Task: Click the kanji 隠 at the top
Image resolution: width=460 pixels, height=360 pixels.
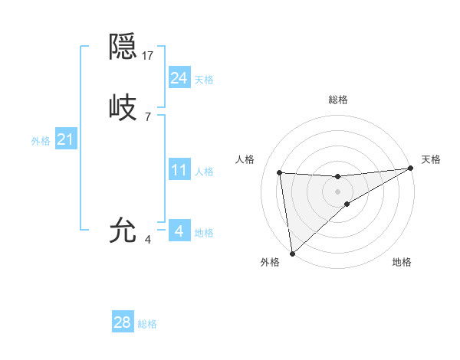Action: [x=123, y=48]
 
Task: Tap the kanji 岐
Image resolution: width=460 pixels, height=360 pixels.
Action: [x=123, y=107]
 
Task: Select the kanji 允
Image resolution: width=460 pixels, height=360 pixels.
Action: [x=123, y=230]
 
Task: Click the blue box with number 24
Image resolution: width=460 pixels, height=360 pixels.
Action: [x=179, y=78]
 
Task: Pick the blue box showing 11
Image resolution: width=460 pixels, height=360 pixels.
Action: [x=179, y=170]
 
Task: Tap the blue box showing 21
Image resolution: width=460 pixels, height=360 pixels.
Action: [x=66, y=139]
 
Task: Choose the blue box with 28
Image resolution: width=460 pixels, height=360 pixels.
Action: [x=123, y=322]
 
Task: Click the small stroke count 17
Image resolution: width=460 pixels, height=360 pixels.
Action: [x=149, y=56]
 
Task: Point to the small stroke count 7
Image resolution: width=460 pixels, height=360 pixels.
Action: [x=148, y=116]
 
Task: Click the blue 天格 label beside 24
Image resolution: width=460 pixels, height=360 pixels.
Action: [x=204, y=80]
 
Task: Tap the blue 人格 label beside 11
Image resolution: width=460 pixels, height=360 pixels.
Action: [x=204, y=172]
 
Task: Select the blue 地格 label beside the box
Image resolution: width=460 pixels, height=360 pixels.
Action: [x=204, y=233]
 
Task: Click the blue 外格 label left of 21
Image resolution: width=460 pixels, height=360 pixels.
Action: [x=41, y=141]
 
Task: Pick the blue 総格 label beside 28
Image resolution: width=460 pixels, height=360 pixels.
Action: [x=147, y=324]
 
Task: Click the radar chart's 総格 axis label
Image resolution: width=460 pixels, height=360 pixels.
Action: [x=338, y=100]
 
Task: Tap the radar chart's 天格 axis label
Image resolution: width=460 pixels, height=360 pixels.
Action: [x=431, y=159]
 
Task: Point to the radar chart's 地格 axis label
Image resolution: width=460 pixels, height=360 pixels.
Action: [x=402, y=262]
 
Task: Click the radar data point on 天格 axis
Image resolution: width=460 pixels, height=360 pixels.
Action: [x=410, y=169]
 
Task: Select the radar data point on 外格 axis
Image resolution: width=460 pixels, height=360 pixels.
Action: [x=292, y=253]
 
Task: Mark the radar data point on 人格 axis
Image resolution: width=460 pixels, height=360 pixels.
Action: [x=280, y=172]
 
